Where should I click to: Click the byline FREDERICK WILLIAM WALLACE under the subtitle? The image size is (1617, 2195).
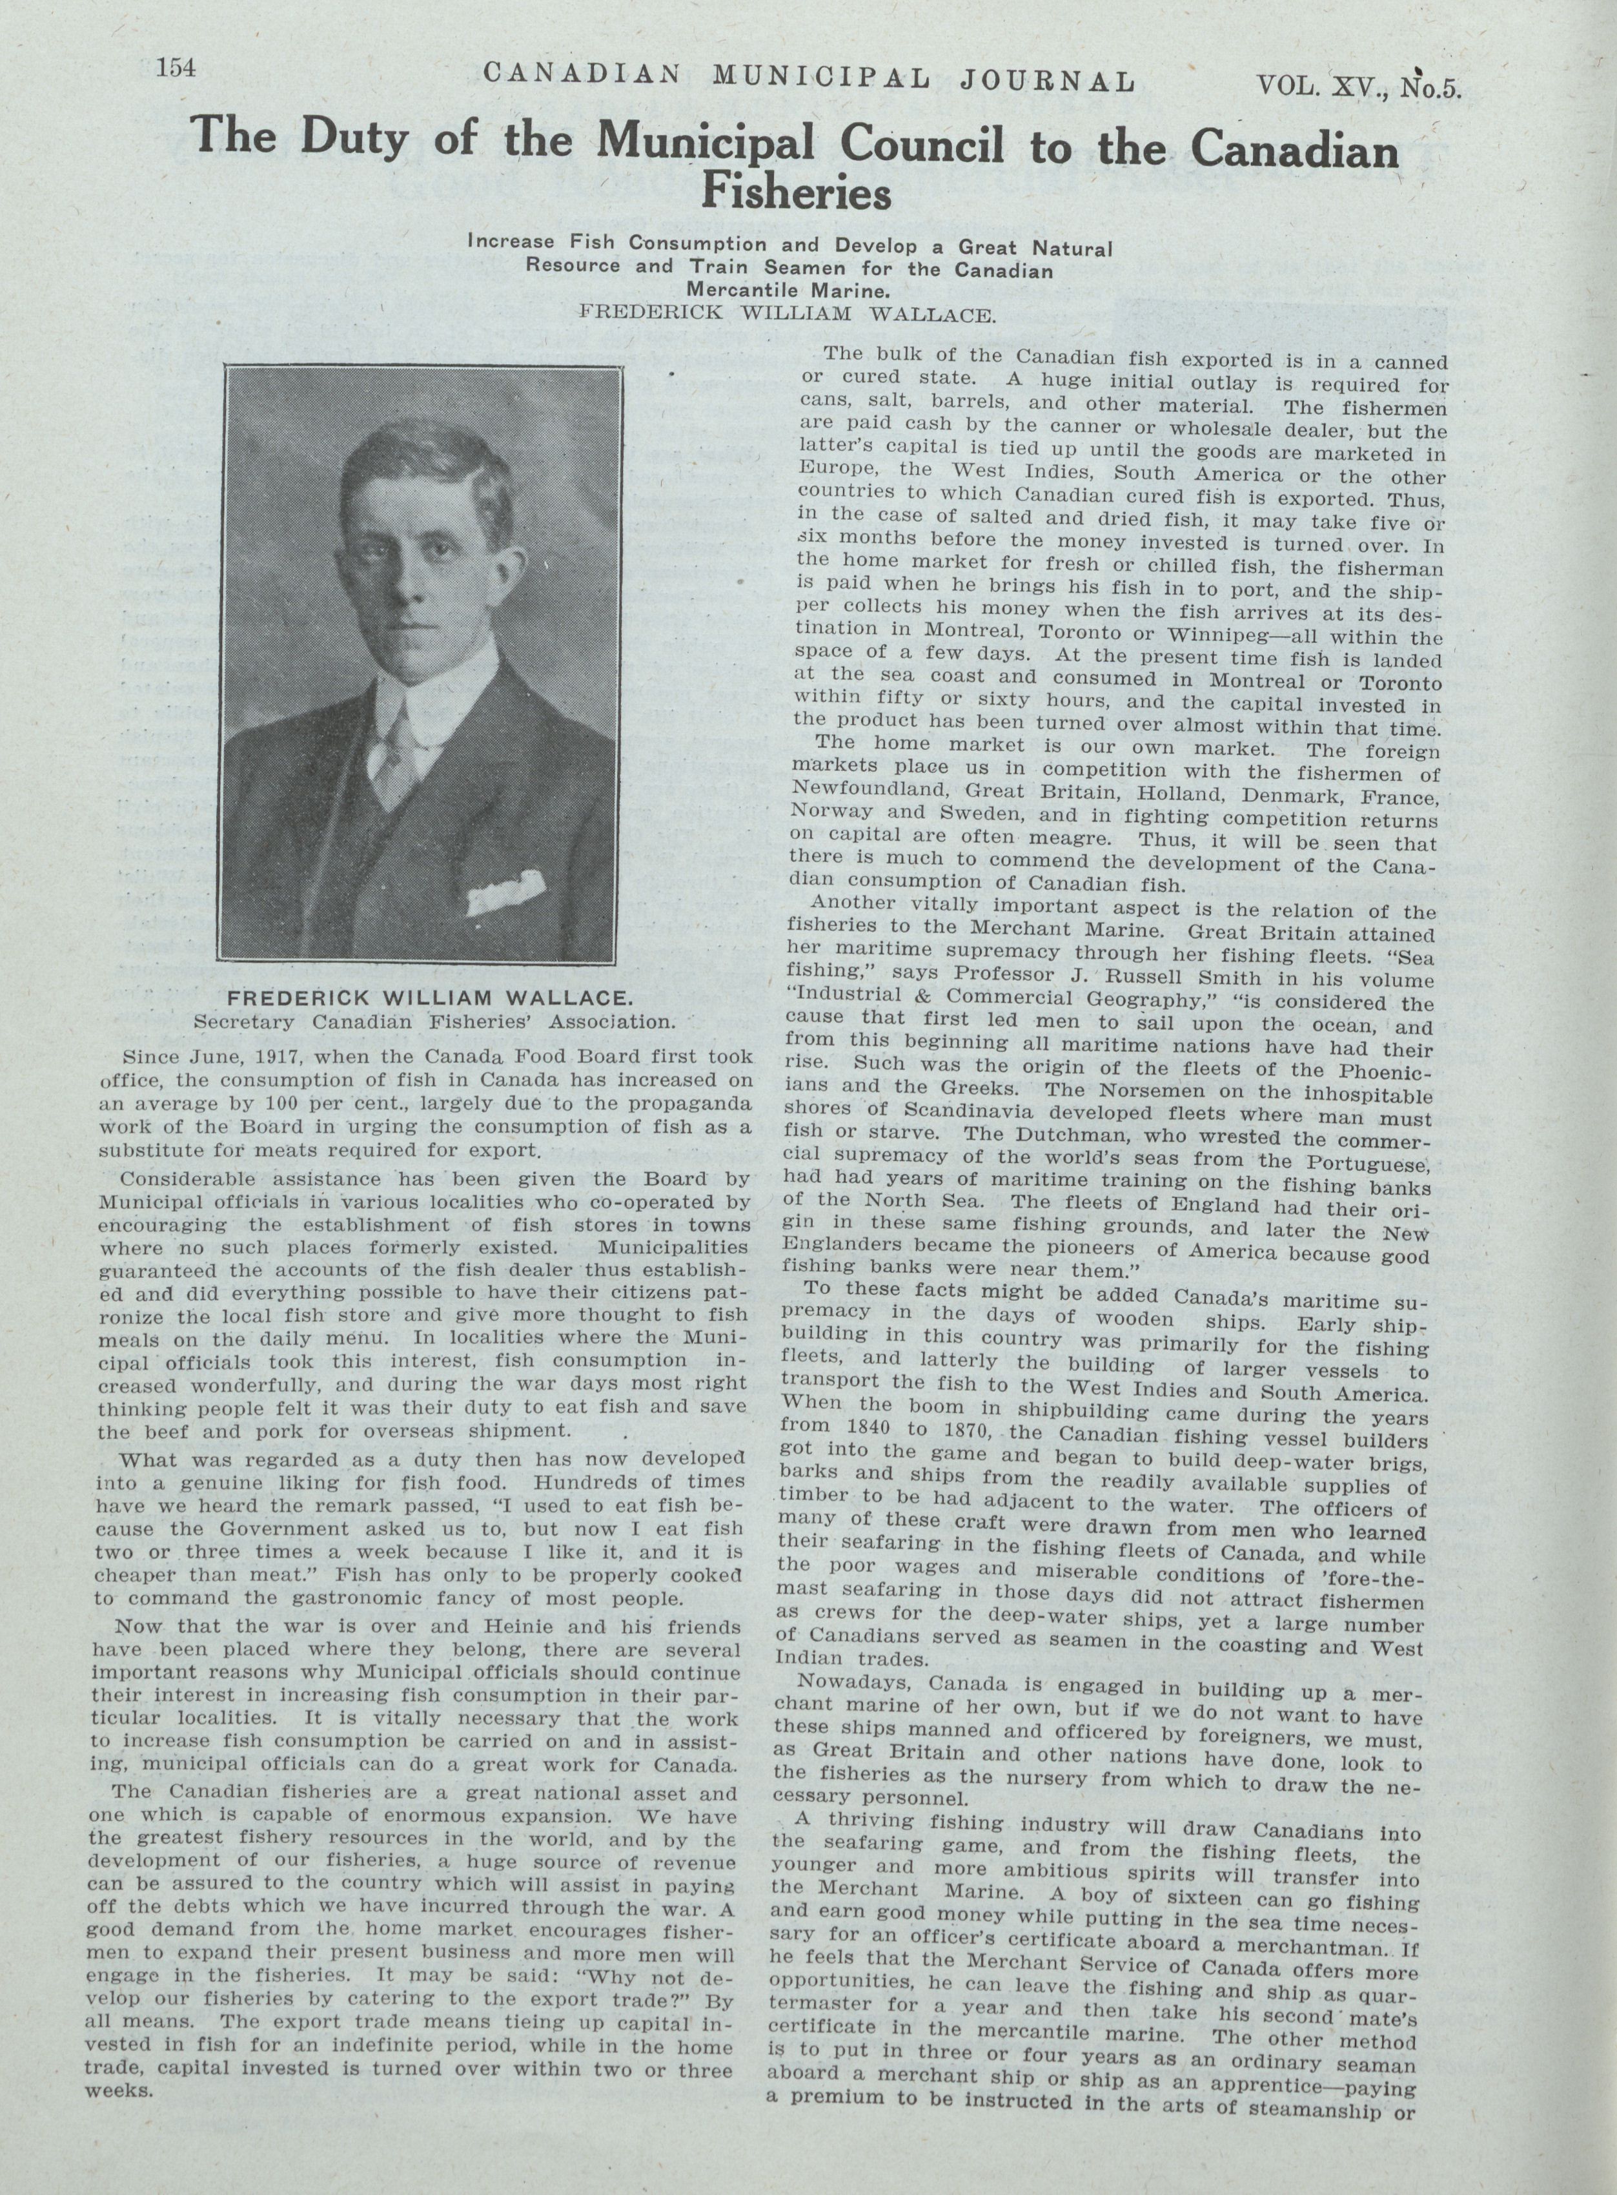click(788, 314)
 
